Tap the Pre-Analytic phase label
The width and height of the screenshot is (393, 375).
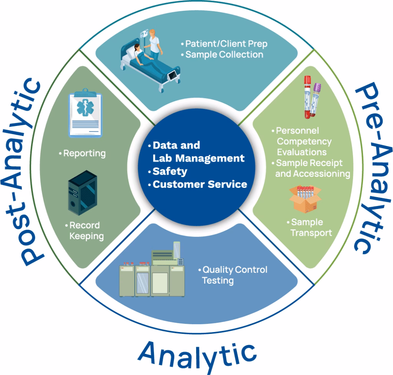tap(369, 169)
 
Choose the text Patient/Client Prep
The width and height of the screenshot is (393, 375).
tap(226, 44)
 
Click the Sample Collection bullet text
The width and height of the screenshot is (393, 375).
tap(224, 55)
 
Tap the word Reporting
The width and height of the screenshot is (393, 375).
tap(84, 153)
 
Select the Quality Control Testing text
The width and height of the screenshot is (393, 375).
tap(234, 275)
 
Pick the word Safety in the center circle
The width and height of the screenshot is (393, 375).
tap(170, 171)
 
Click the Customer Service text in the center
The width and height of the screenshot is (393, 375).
tap(200, 184)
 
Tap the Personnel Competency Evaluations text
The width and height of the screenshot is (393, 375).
tap(303, 141)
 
